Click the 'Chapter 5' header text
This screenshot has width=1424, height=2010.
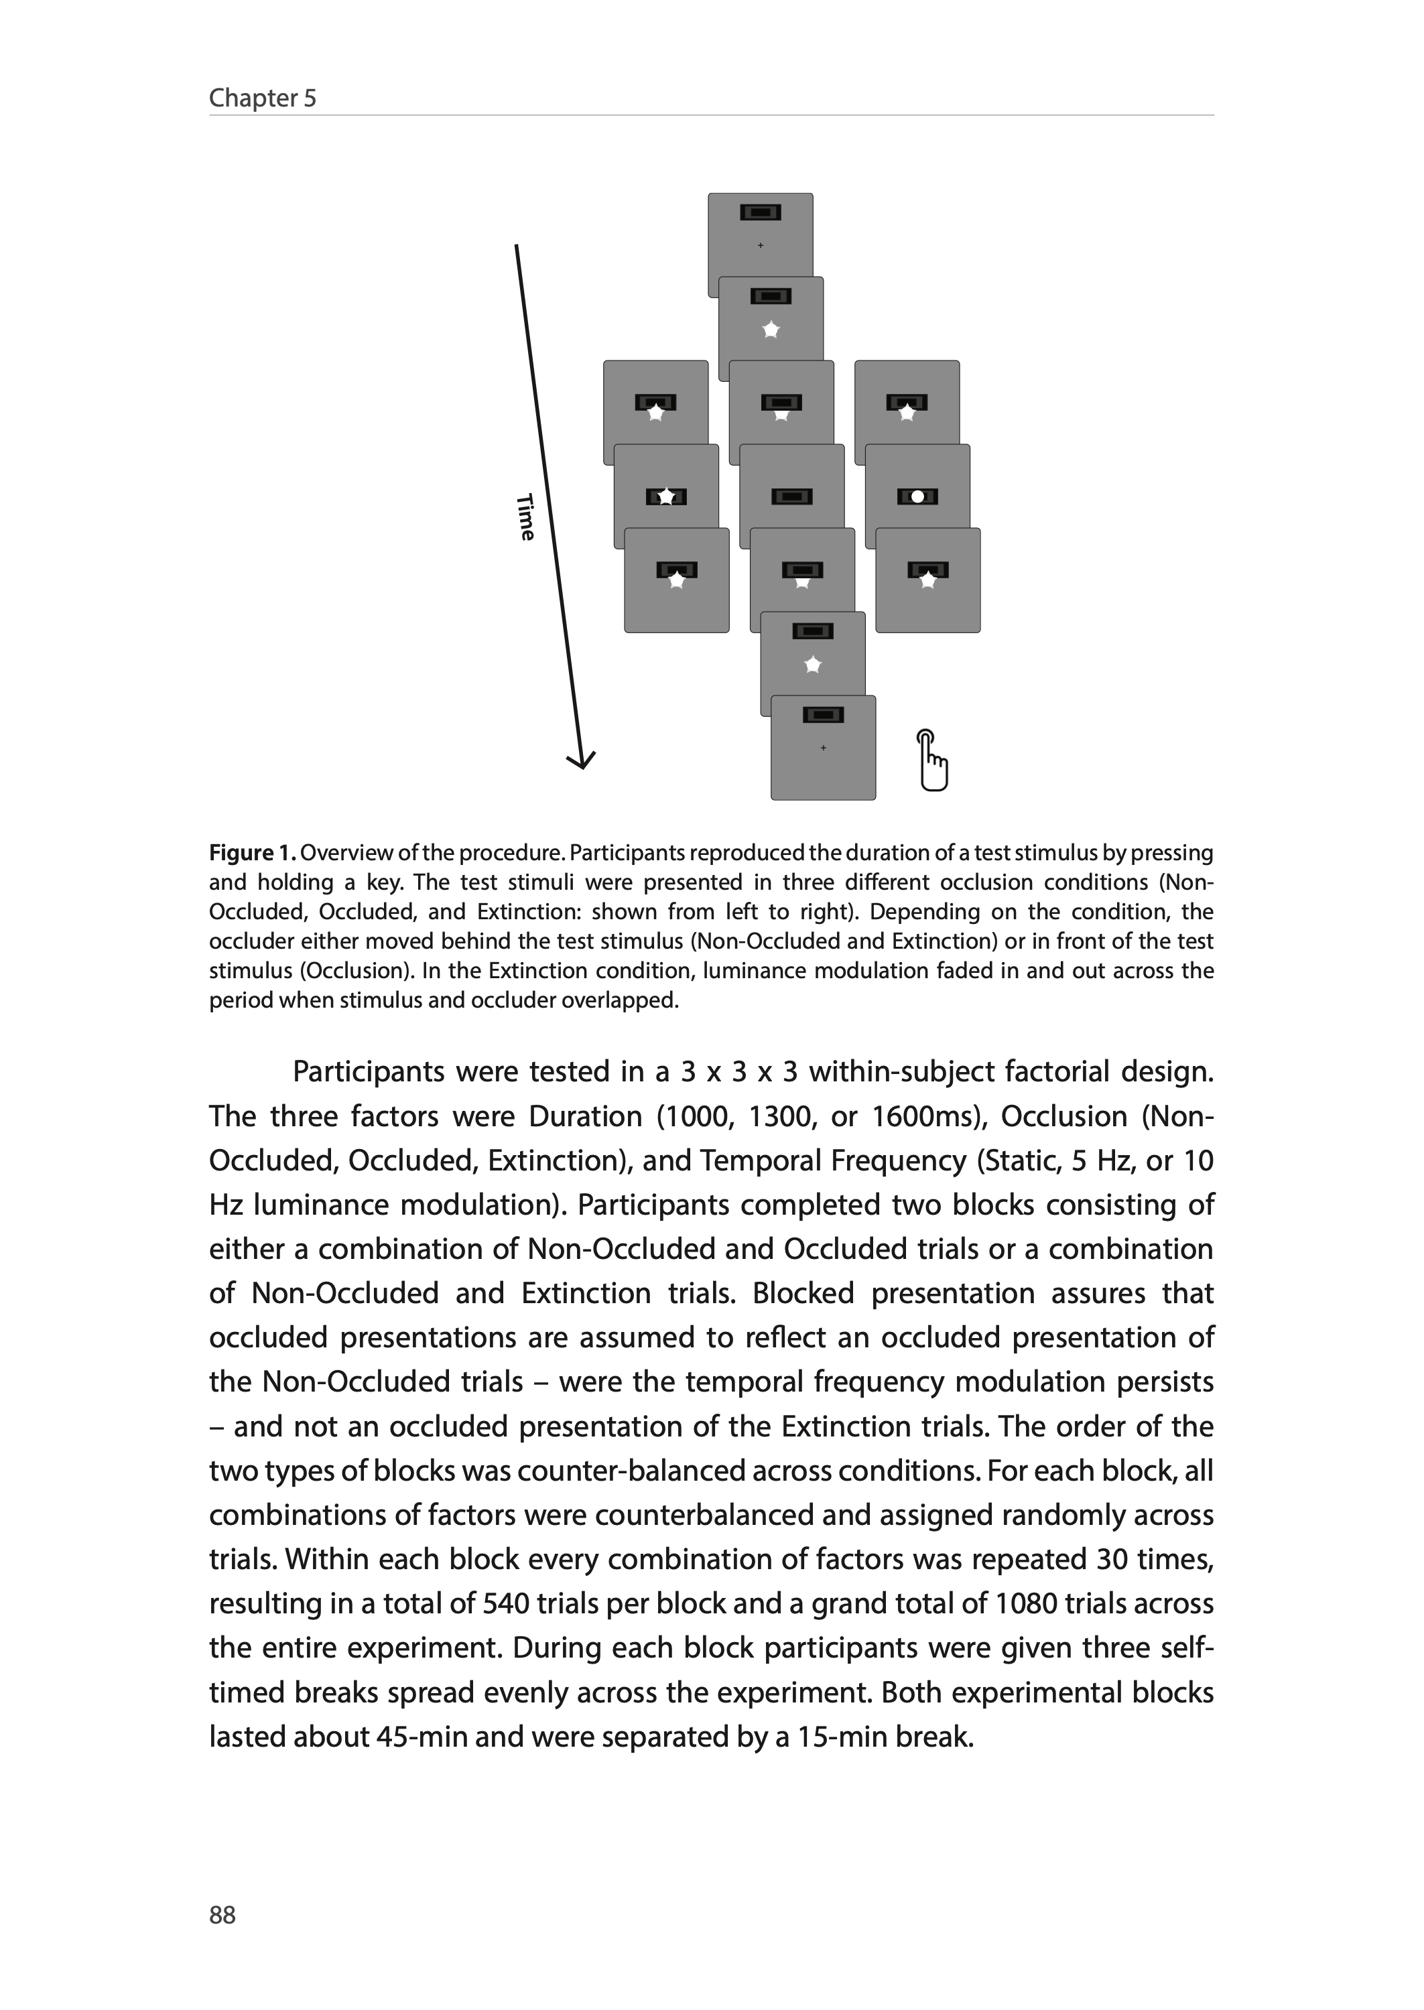(262, 98)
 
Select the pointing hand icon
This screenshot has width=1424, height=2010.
(933, 760)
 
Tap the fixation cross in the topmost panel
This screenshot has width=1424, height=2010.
(760, 245)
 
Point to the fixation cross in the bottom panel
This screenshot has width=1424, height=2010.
(822, 748)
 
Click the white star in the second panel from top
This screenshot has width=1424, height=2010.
(771, 330)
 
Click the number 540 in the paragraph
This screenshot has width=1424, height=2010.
(506, 1603)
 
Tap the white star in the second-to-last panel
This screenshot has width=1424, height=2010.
(813, 665)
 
